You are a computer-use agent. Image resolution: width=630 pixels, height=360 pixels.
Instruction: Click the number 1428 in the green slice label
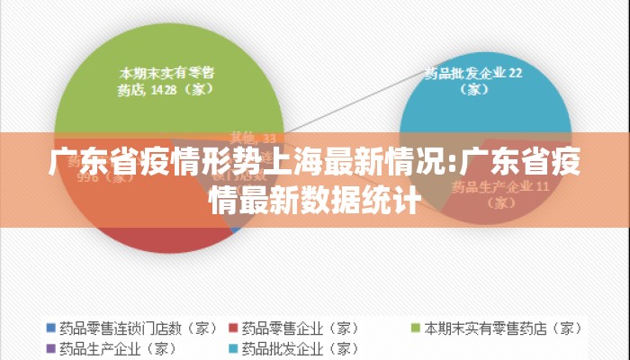pos(164,89)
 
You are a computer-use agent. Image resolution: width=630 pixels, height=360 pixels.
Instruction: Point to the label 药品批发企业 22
pos(473,73)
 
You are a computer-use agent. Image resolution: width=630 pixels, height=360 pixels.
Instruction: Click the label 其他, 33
pos(253,138)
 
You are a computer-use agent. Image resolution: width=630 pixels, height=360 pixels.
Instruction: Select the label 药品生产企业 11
pos(499,188)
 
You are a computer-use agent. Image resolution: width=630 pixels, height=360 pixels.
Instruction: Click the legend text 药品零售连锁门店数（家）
pos(138,328)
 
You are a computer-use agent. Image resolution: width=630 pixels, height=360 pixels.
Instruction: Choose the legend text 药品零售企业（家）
pos(301,328)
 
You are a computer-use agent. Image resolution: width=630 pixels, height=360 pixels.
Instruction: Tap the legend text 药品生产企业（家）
pos(117,347)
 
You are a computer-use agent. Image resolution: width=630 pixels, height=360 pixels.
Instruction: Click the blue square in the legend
pos(51,328)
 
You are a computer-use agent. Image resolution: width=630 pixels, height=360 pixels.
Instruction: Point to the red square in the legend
pos(233,328)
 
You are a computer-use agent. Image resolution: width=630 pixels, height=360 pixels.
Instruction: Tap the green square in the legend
pos(417,328)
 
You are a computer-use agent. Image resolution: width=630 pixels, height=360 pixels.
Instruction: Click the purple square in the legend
pos(51,347)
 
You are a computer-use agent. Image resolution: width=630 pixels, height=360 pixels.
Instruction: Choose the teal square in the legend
pos(233,347)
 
